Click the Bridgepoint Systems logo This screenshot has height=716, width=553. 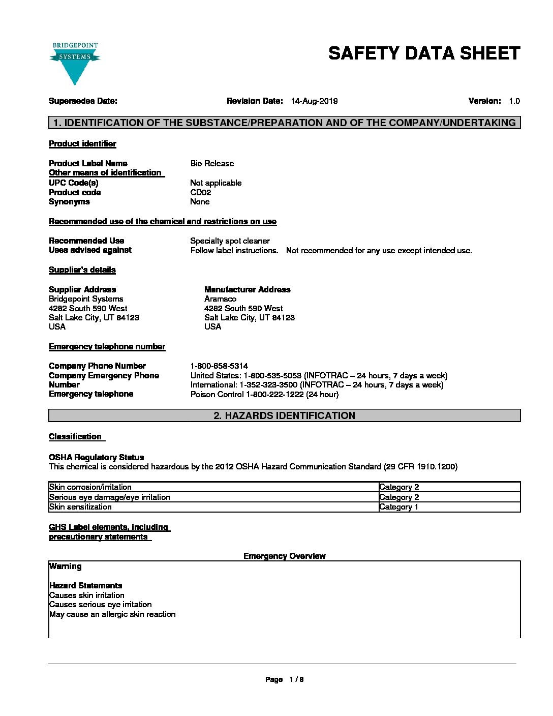(x=75, y=63)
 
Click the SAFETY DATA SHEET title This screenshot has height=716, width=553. (x=424, y=53)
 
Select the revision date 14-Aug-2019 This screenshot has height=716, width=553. (x=314, y=101)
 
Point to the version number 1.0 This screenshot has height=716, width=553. (x=514, y=101)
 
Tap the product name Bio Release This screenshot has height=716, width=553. (x=212, y=164)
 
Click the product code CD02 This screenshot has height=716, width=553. (x=200, y=193)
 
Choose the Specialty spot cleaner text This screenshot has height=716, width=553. (x=230, y=241)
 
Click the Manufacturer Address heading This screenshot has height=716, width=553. (x=247, y=290)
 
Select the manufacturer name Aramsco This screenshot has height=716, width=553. (x=220, y=299)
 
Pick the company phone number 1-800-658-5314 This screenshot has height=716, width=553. (x=219, y=366)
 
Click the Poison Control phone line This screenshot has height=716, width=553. (x=264, y=395)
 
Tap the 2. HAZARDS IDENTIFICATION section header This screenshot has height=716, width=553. (x=284, y=416)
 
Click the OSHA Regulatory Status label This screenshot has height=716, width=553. (x=96, y=458)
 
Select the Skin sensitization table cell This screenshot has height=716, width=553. (x=80, y=507)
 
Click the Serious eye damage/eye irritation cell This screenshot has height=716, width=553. (x=109, y=497)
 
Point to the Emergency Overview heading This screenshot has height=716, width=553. (x=284, y=556)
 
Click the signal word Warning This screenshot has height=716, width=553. (x=65, y=566)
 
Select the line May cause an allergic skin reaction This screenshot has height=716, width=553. (x=112, y=614)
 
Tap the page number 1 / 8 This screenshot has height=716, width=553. (x=296, y=680)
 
